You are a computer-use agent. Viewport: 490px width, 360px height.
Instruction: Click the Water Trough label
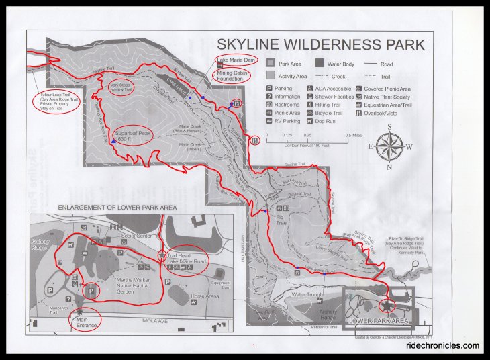pos(307,294)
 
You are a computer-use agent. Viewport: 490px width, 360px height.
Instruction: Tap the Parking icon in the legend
pos(270,88)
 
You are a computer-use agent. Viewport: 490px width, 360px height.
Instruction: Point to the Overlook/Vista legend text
pos(384,113)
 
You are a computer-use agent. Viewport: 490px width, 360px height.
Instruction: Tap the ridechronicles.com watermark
pos(443,347)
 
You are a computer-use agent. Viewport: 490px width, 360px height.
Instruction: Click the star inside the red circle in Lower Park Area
pos(387,306)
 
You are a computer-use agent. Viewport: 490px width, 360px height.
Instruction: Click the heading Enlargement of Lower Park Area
pos(117,208)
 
